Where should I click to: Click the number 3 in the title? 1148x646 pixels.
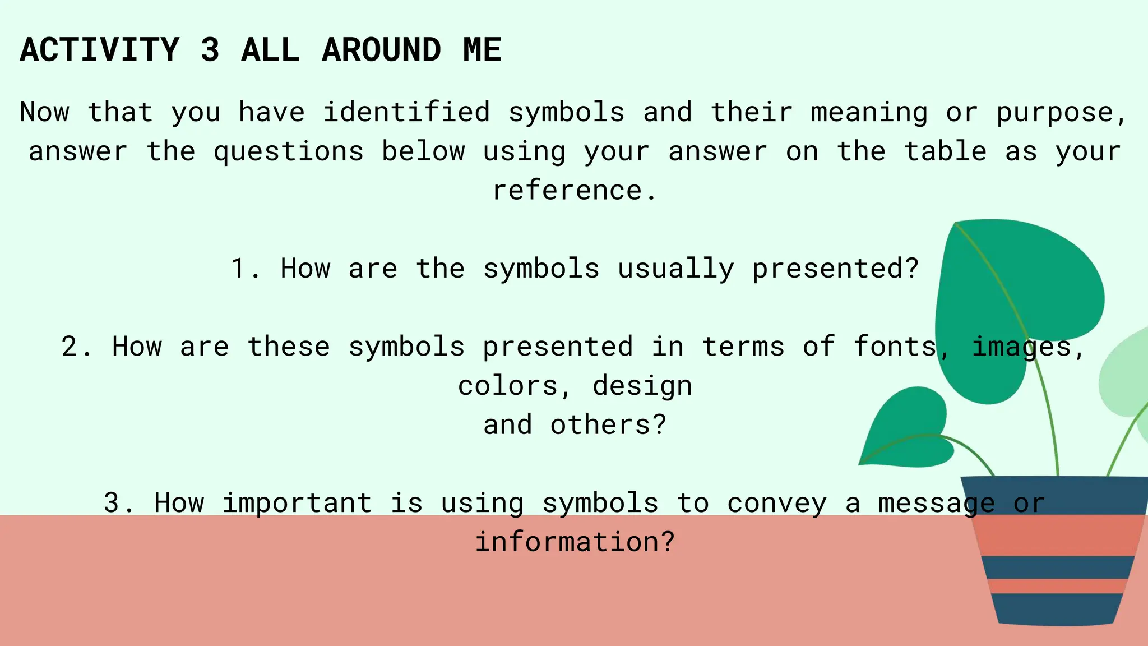(x=210, y=50)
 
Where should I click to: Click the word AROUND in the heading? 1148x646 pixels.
(x=381, y=50)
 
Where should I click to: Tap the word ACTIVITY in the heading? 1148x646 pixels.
(x=99, y=50)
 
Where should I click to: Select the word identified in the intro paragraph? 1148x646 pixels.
(x=406, y=112)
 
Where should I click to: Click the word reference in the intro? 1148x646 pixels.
(x=567, y=190)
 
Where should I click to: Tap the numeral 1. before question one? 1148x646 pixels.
(x=244, y=269)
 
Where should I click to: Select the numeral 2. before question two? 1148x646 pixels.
(x=76, y=347)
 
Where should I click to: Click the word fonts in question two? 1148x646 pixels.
(x=895, y=346)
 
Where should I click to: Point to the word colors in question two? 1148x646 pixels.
(x=507, y=386)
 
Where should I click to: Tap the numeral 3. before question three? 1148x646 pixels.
(x=118, y=503)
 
